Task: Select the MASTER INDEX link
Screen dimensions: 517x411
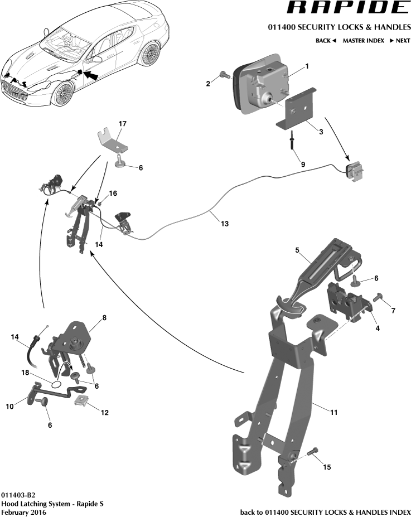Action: click(363, 41)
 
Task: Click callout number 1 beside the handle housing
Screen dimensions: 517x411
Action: click(306, 66)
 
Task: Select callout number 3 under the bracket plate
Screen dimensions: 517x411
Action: click(321, 132)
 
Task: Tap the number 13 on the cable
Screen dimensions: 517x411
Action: click(224, 224)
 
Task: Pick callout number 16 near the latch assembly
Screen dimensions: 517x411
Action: click(113, 194)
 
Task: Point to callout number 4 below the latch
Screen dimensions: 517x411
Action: click(378, 328)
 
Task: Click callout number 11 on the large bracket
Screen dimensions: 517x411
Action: click(333, 413)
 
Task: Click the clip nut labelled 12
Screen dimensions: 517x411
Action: click(85, 400)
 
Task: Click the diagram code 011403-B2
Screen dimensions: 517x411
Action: click(18, 495)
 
